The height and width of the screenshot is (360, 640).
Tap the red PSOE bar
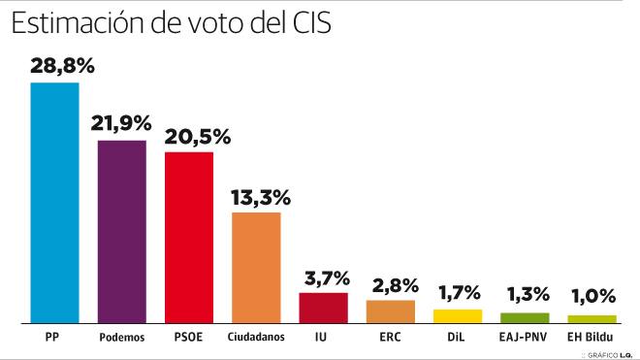189,237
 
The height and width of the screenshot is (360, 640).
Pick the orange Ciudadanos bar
256,267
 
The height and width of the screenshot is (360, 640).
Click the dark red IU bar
323,307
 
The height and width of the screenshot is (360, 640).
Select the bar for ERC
390,311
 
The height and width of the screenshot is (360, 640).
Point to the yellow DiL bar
457,315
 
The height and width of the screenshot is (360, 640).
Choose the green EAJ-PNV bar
525,317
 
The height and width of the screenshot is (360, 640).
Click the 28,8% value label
61,66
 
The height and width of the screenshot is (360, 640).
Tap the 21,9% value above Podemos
122,123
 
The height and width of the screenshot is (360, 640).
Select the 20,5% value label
197,136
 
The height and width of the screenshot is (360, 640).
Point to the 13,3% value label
260,197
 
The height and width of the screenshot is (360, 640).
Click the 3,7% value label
323,278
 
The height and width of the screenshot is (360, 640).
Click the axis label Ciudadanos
256,338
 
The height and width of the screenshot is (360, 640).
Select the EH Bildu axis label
592,338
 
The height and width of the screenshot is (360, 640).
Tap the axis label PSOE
189,338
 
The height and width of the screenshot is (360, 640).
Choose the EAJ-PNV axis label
525,338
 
